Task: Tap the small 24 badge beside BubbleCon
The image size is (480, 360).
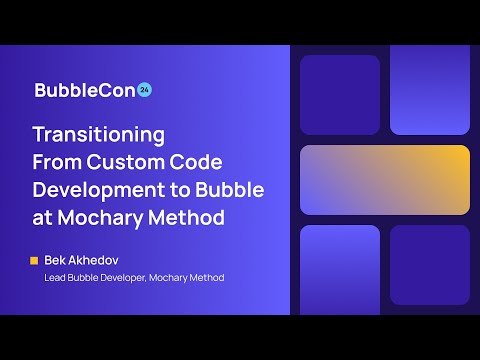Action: [144, 88]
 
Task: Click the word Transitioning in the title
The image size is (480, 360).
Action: [99, 134]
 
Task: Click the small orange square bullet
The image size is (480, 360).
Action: [35, 260]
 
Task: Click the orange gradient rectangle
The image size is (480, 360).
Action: [385, 180]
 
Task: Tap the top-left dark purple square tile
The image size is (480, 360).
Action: [340, 95]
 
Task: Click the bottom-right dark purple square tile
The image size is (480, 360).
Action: [430, 265]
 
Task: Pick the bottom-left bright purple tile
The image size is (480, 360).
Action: [340, 268]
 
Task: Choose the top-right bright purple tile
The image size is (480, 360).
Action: [430, 90]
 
